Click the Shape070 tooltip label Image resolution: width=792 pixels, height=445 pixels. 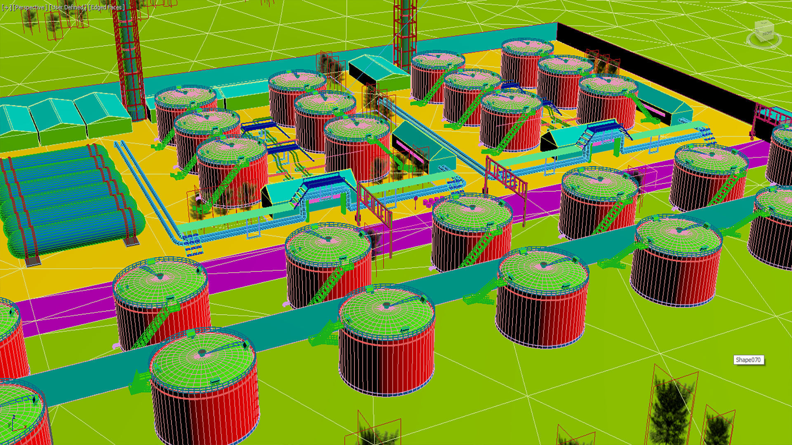coord(748,360)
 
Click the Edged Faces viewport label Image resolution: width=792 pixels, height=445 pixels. coord(106,7)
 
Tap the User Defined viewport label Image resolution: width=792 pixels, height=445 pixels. coord(68,7)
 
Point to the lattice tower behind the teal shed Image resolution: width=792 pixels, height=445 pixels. coord(404,33)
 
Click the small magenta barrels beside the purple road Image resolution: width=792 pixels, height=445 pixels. coord(431,201)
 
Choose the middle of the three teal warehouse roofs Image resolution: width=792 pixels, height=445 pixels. coord(56,119)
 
